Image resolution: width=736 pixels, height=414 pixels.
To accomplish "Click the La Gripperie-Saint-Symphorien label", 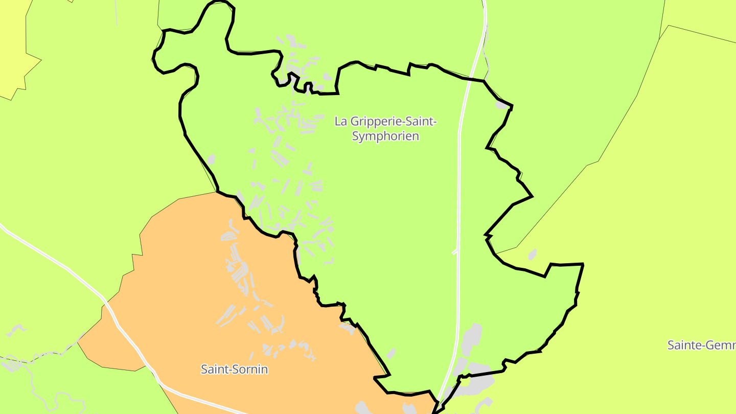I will coord(385,129).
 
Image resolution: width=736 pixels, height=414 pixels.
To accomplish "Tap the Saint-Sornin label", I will coord(234,369).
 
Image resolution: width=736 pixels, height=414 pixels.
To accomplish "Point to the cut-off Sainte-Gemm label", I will coord(701,345).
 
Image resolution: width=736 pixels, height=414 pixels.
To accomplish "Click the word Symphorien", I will coord(385,136).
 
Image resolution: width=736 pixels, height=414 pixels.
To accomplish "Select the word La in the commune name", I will coord(340,122).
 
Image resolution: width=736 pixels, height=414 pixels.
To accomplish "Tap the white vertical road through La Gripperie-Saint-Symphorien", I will coord(459,204).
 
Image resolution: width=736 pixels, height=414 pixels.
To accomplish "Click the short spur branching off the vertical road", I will coord(454,252).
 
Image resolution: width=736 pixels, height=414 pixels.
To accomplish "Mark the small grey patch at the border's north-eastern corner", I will coord(501,105).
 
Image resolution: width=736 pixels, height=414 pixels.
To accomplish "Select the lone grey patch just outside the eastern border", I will coord(532,254).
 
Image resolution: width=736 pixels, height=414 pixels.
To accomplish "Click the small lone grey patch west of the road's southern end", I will coord(391,353).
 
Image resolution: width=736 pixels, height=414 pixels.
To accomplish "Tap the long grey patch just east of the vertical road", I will coord(471,340).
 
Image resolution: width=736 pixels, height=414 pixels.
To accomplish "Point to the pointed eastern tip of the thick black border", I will coord(532,196).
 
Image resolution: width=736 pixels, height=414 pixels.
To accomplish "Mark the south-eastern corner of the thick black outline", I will coord(582,265).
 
